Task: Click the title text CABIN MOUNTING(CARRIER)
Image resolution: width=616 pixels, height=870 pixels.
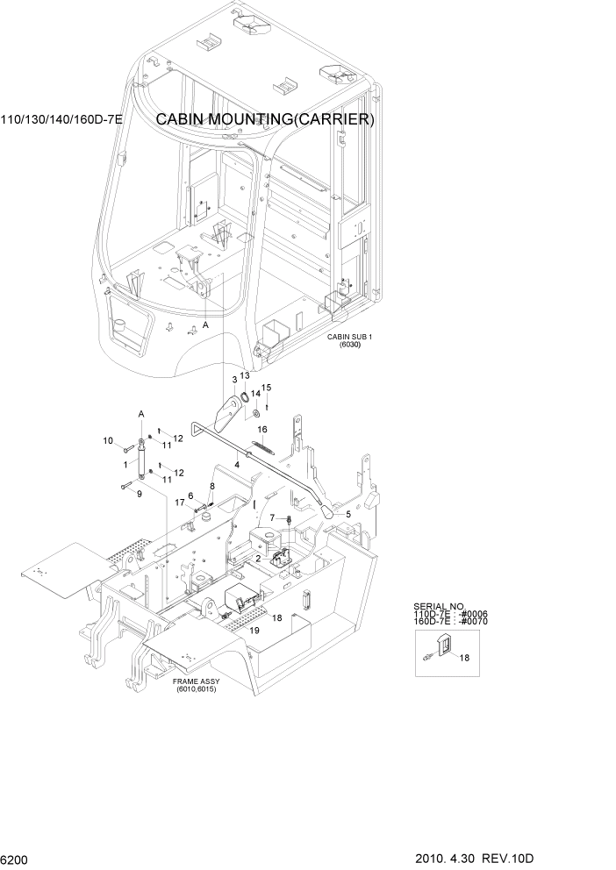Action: click(265, 120)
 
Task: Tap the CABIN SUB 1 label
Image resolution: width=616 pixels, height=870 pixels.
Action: click(350, 336)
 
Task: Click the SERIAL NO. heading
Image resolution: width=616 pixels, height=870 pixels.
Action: click(436, 606)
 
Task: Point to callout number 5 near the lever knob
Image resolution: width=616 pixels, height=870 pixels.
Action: click(347, 514)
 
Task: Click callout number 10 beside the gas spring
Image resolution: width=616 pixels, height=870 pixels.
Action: click(109, 440)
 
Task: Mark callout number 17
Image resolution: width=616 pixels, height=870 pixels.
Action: click(178, 503)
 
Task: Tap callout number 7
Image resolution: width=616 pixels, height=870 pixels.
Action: click(272, 517)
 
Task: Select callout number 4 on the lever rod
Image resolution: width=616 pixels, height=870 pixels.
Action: click(236, 463)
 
